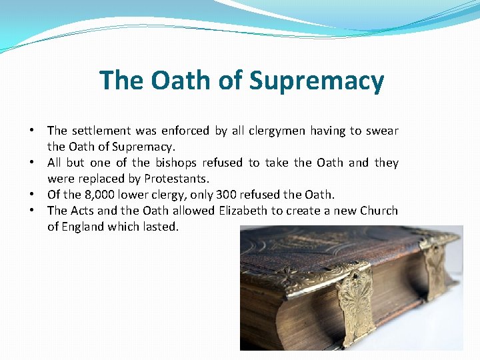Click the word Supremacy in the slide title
[x=317, y=81]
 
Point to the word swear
[x=382, y=131]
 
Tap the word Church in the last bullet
[x=378, y=211]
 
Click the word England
[x=86, y=227]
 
